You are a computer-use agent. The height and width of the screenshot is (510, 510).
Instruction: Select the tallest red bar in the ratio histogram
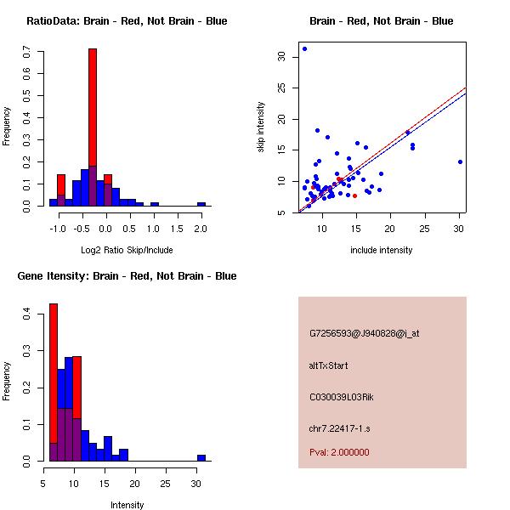click(x=93, y=127)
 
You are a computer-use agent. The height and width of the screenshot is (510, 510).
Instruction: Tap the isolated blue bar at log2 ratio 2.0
click(x=201, y=204)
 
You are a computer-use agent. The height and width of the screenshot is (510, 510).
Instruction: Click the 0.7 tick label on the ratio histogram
click(x=28, y=53)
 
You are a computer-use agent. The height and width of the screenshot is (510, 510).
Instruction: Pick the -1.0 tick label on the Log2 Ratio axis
click(x=58, y=229)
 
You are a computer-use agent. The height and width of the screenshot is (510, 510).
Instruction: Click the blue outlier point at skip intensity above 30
click(x=304, y=48)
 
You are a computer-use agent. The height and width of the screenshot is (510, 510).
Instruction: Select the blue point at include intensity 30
click(x=460, y=161)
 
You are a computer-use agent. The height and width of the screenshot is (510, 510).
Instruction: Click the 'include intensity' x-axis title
click(x=382, y=250)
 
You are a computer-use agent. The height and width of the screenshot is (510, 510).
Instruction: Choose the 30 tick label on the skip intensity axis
click(x=281, y=56)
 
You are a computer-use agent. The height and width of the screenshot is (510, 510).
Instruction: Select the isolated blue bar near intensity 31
click(x=201, y=457)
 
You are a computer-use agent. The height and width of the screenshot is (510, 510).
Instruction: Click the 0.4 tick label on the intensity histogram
click(x=28, y=314)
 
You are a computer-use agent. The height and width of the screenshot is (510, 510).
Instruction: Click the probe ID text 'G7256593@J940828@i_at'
click(x=365, y=333)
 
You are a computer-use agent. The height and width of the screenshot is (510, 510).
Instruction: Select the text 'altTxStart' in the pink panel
click(x=329, y=365)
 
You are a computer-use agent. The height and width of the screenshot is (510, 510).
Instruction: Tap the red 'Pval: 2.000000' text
click(x=339, y=452)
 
